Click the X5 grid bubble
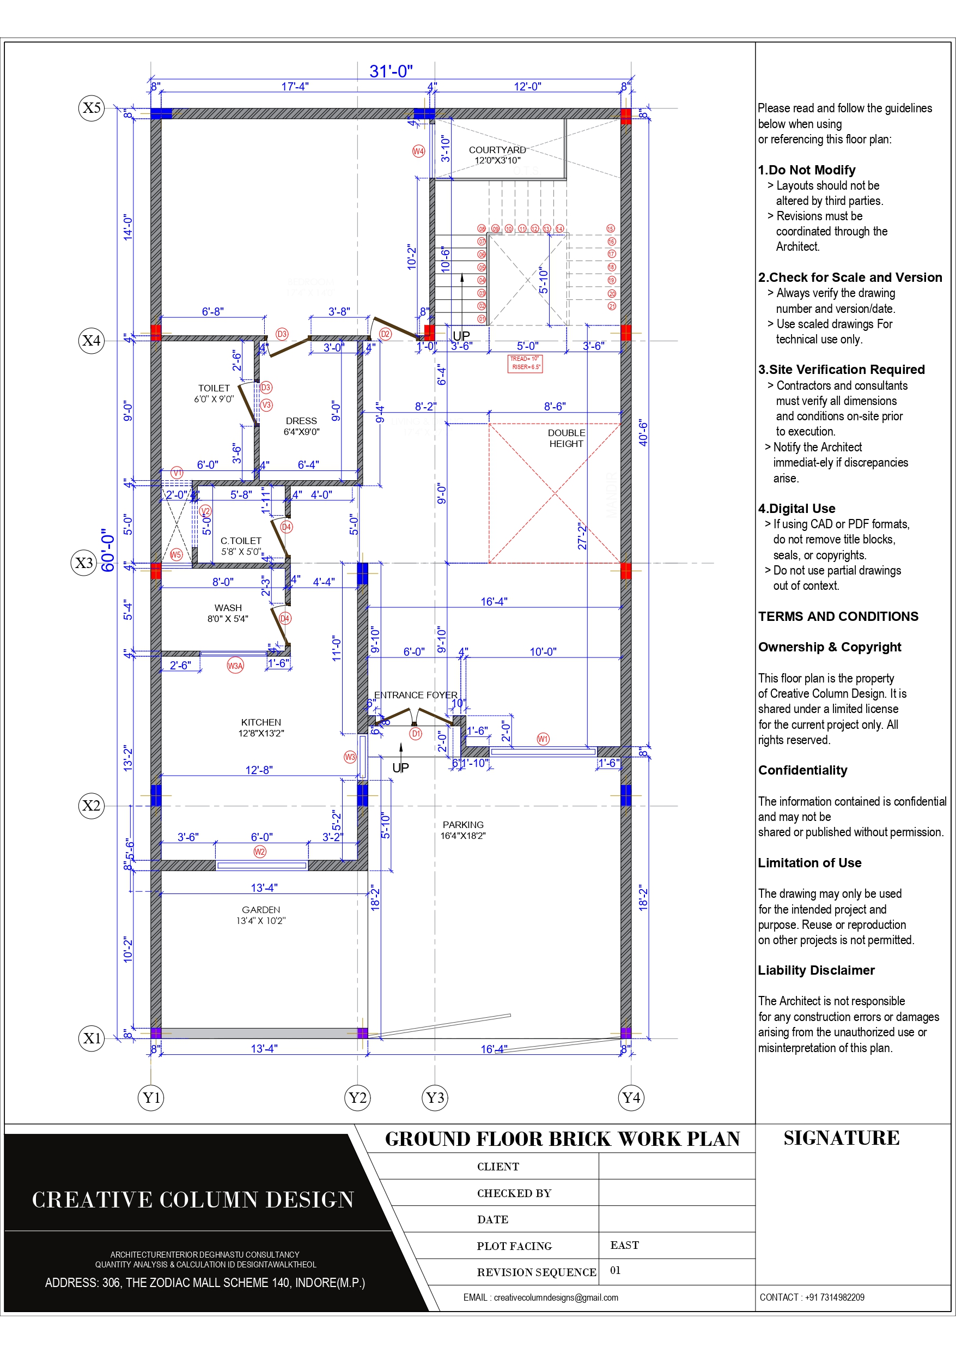pyautogui.click(x=92, y=108)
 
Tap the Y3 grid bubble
pyautogui.click(x=435, y=1098)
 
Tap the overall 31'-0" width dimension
pyautogui.click(x=391, y=71)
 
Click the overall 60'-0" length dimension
pyautogui.click(x=108, y=550)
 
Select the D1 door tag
pyautogui.click(x=416, y=734)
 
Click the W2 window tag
pyautogui.click(x=260, y=851)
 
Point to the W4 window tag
pyautogui.click(x=418, y=151)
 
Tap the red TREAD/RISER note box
pyautogui.click(x=525, y=363)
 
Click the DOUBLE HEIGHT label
pyautogui.click(x=566, y=438)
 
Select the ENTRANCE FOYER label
pyautogui.click(x=415, y=695)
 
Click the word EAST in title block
pyautogui.click(x=624, y=1245)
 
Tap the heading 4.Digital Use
pyautogui.click(x=796, y=508)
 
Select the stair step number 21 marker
pyautogui.click(x=611, y=306)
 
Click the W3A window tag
pyautogui.click(x=235, y=666)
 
